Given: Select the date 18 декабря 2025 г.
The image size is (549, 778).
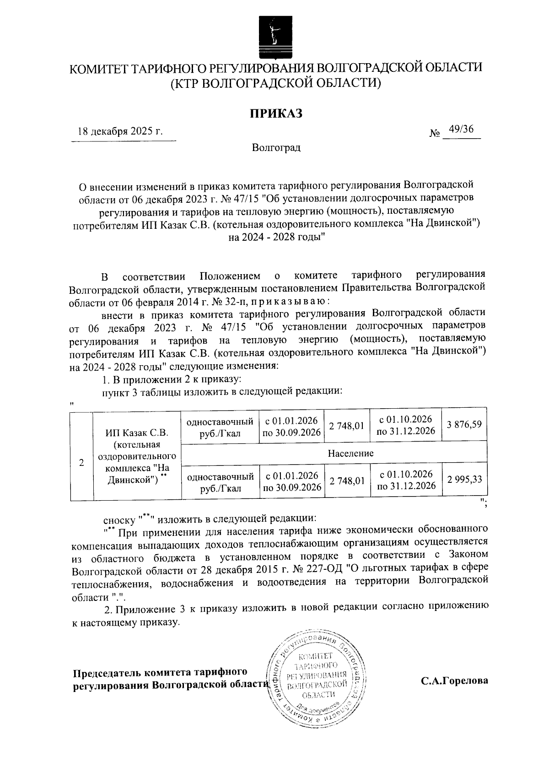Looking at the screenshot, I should click(x=120, y=131).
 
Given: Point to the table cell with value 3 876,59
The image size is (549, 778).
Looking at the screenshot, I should click(x=464, y=424).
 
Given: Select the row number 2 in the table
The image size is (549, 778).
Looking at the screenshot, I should click(x=81, y=462).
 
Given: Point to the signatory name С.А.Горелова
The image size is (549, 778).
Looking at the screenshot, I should click(x=454, y=681).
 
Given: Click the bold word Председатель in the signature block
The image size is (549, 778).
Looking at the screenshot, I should click(x=107, y=673).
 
